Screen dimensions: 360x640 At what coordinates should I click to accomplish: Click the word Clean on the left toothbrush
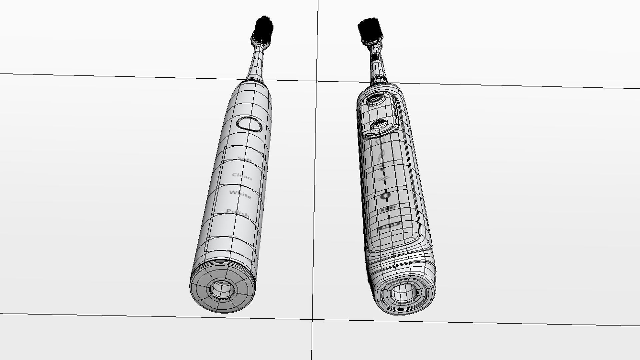click(x=242, y=176)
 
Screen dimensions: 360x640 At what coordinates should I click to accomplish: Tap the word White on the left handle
click(x=240, y=194)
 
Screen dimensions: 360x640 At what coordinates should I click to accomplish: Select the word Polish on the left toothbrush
click(x=238, y=213)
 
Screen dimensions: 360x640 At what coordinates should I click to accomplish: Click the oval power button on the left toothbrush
click(x=250, y=124)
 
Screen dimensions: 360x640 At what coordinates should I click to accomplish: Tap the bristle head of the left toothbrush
click(x=264, y=29)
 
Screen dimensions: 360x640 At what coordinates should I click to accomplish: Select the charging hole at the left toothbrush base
click(x=222, y=289)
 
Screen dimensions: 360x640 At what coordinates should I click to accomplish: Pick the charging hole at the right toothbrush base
click(x=404, y=293)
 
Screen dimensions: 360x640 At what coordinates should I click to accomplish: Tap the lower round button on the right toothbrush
click(x=379, y=125)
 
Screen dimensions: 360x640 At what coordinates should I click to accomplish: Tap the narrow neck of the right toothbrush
click(x=376, y=63)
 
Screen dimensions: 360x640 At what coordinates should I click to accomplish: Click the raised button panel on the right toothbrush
click(x=378, y=113)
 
